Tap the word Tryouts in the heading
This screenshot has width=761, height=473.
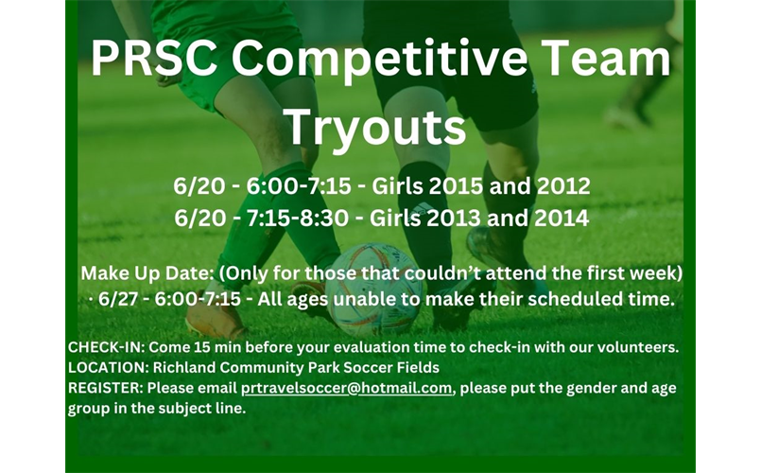[375, 126]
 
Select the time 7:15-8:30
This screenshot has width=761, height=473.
[301, 218]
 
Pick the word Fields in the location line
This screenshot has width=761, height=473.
[417, 367]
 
